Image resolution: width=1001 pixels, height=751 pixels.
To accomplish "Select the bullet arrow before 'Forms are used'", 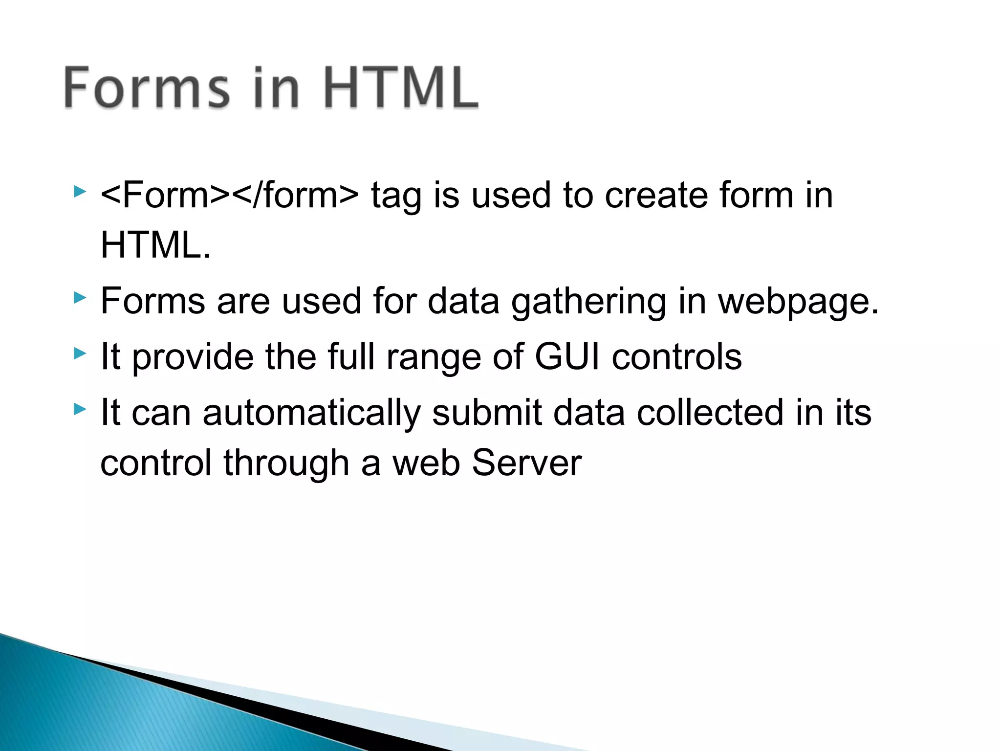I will coord(80,297).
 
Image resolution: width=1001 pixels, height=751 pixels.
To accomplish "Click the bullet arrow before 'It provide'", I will coord(80,353).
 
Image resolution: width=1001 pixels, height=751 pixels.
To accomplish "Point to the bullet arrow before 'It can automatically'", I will coord(80,409).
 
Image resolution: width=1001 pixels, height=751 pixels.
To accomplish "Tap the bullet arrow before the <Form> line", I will coord(80,191).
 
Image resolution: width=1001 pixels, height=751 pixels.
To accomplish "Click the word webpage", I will coord(798,302).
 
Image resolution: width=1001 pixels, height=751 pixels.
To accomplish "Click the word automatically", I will coord(311,413).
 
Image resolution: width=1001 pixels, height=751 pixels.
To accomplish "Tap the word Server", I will coord(526,463).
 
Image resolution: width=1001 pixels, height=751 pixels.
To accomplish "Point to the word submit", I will coord(487,413).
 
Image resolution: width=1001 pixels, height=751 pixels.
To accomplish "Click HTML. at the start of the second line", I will coord(155,245).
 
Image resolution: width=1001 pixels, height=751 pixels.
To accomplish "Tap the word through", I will coord(286,464).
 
